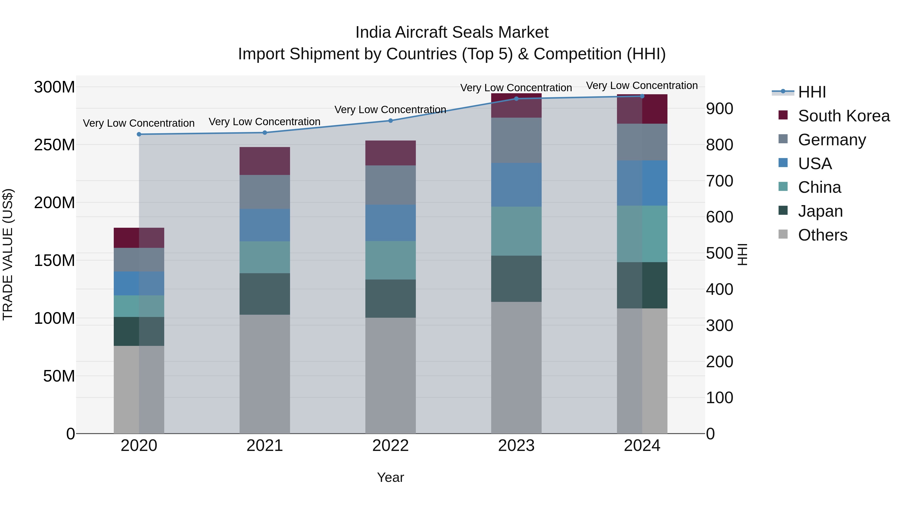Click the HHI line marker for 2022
[x=390, y=120]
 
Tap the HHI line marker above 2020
[x=139, y=134]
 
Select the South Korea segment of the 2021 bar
[x=265, y=161]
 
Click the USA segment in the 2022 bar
[x=390, y=223]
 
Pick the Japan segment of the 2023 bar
[x=516, y=279]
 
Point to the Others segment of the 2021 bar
[x=265, y=374]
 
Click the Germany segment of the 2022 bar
[x=390, y=185]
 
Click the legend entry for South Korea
[x=843, y=116]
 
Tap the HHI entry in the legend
[x=812, y=92]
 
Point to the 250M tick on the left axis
[x=54, y=145]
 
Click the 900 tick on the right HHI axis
[x=719, y=109]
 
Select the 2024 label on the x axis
[x=642, y=446]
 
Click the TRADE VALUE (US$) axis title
[x=8, y=254]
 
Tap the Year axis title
[x=390, y=477]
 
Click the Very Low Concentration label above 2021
[x=265, y=122]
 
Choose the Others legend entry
[x=822, y=235]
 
